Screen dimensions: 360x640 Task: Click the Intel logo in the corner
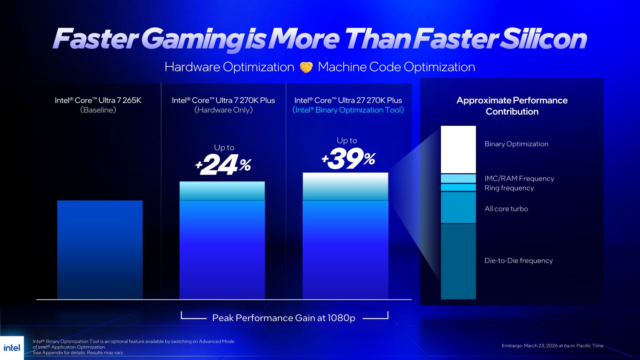(12, 348)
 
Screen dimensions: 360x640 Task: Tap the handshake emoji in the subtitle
(306, 67)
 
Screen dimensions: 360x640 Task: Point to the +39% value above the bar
(348, 159)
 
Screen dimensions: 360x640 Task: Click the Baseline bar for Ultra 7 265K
(100, 249)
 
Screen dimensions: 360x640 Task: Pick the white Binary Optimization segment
(458, 149)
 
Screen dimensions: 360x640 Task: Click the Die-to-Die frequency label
(518, 261)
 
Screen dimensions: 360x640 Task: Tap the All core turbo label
(506, 209)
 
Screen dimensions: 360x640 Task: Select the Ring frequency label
(509, 188)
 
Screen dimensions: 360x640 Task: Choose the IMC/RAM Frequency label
(519, 178)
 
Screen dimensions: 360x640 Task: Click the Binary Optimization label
(516, 144)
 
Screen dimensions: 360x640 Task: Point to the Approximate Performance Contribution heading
(512, 106)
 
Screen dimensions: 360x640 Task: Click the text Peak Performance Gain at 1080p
(284, 318)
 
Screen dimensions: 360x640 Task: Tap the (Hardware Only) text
(223, 110)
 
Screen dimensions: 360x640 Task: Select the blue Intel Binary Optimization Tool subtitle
(348, 110)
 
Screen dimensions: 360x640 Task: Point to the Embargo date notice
(552, 346)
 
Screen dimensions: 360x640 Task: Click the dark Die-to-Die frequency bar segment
(458, 261)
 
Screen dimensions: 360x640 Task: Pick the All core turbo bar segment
(458, 208)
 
